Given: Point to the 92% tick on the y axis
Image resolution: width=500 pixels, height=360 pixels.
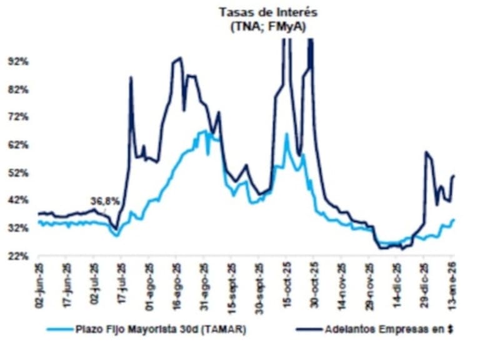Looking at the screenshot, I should [18, 62].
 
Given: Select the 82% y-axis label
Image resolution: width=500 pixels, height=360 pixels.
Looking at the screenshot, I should [18, 89].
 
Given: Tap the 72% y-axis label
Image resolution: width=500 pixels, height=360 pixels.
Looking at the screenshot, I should [18, 117].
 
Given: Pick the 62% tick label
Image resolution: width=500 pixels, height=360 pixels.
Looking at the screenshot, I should [18, 145].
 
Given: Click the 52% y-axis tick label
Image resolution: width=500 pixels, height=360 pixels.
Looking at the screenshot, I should [18, 172].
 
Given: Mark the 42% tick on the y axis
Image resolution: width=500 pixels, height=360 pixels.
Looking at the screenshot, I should [18, 200].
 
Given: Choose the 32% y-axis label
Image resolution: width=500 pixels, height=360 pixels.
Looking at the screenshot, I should [18, 228].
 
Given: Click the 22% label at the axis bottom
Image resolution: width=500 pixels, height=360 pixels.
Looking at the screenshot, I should [18, 256].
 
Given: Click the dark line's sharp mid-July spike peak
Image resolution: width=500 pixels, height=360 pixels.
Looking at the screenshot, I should [131, 77].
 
